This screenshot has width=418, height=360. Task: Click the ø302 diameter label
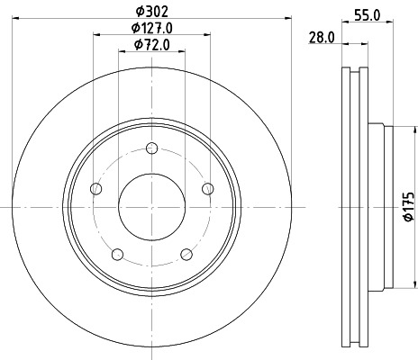coord(151,12)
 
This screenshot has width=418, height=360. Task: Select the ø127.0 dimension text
coord(151,28)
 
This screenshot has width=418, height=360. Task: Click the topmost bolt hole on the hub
coord(152,148)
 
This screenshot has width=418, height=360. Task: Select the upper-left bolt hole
coord(97,188)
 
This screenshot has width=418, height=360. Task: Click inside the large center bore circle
coord(152,207)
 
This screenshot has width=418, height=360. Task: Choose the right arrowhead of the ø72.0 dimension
coord(184,50)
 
